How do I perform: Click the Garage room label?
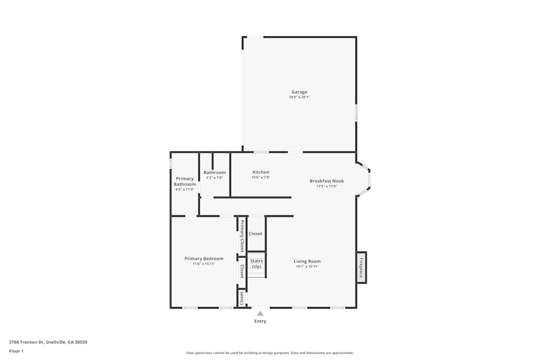(x=299, y=92)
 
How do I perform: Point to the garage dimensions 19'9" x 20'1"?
(x=299, y=97)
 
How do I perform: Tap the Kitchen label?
(x=261, y=172)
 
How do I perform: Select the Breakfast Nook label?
(x=327, y=181)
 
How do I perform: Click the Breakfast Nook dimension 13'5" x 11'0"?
(x=327, y=186)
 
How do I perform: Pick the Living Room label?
(x=307, y=261)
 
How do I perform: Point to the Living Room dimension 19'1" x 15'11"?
(x=307, y=267)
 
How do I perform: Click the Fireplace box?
(x=361, y=267)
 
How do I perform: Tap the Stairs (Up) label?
(x=256, y=264)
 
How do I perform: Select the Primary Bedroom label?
(x=204, y=259)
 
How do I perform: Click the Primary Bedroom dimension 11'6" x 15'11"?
(x=204, y=264)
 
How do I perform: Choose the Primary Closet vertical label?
(x=242, y=236)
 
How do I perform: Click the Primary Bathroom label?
(x=185, y=181)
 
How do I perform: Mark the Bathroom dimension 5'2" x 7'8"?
(x=214, y=178)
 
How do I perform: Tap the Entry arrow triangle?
(x=260, y=313)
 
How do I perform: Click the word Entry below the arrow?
(x=260, y=321)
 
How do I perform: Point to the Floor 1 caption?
(x=16, y=351)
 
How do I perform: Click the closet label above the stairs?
(x=255, y=234)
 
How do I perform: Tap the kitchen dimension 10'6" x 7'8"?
(x=261, y=178)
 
